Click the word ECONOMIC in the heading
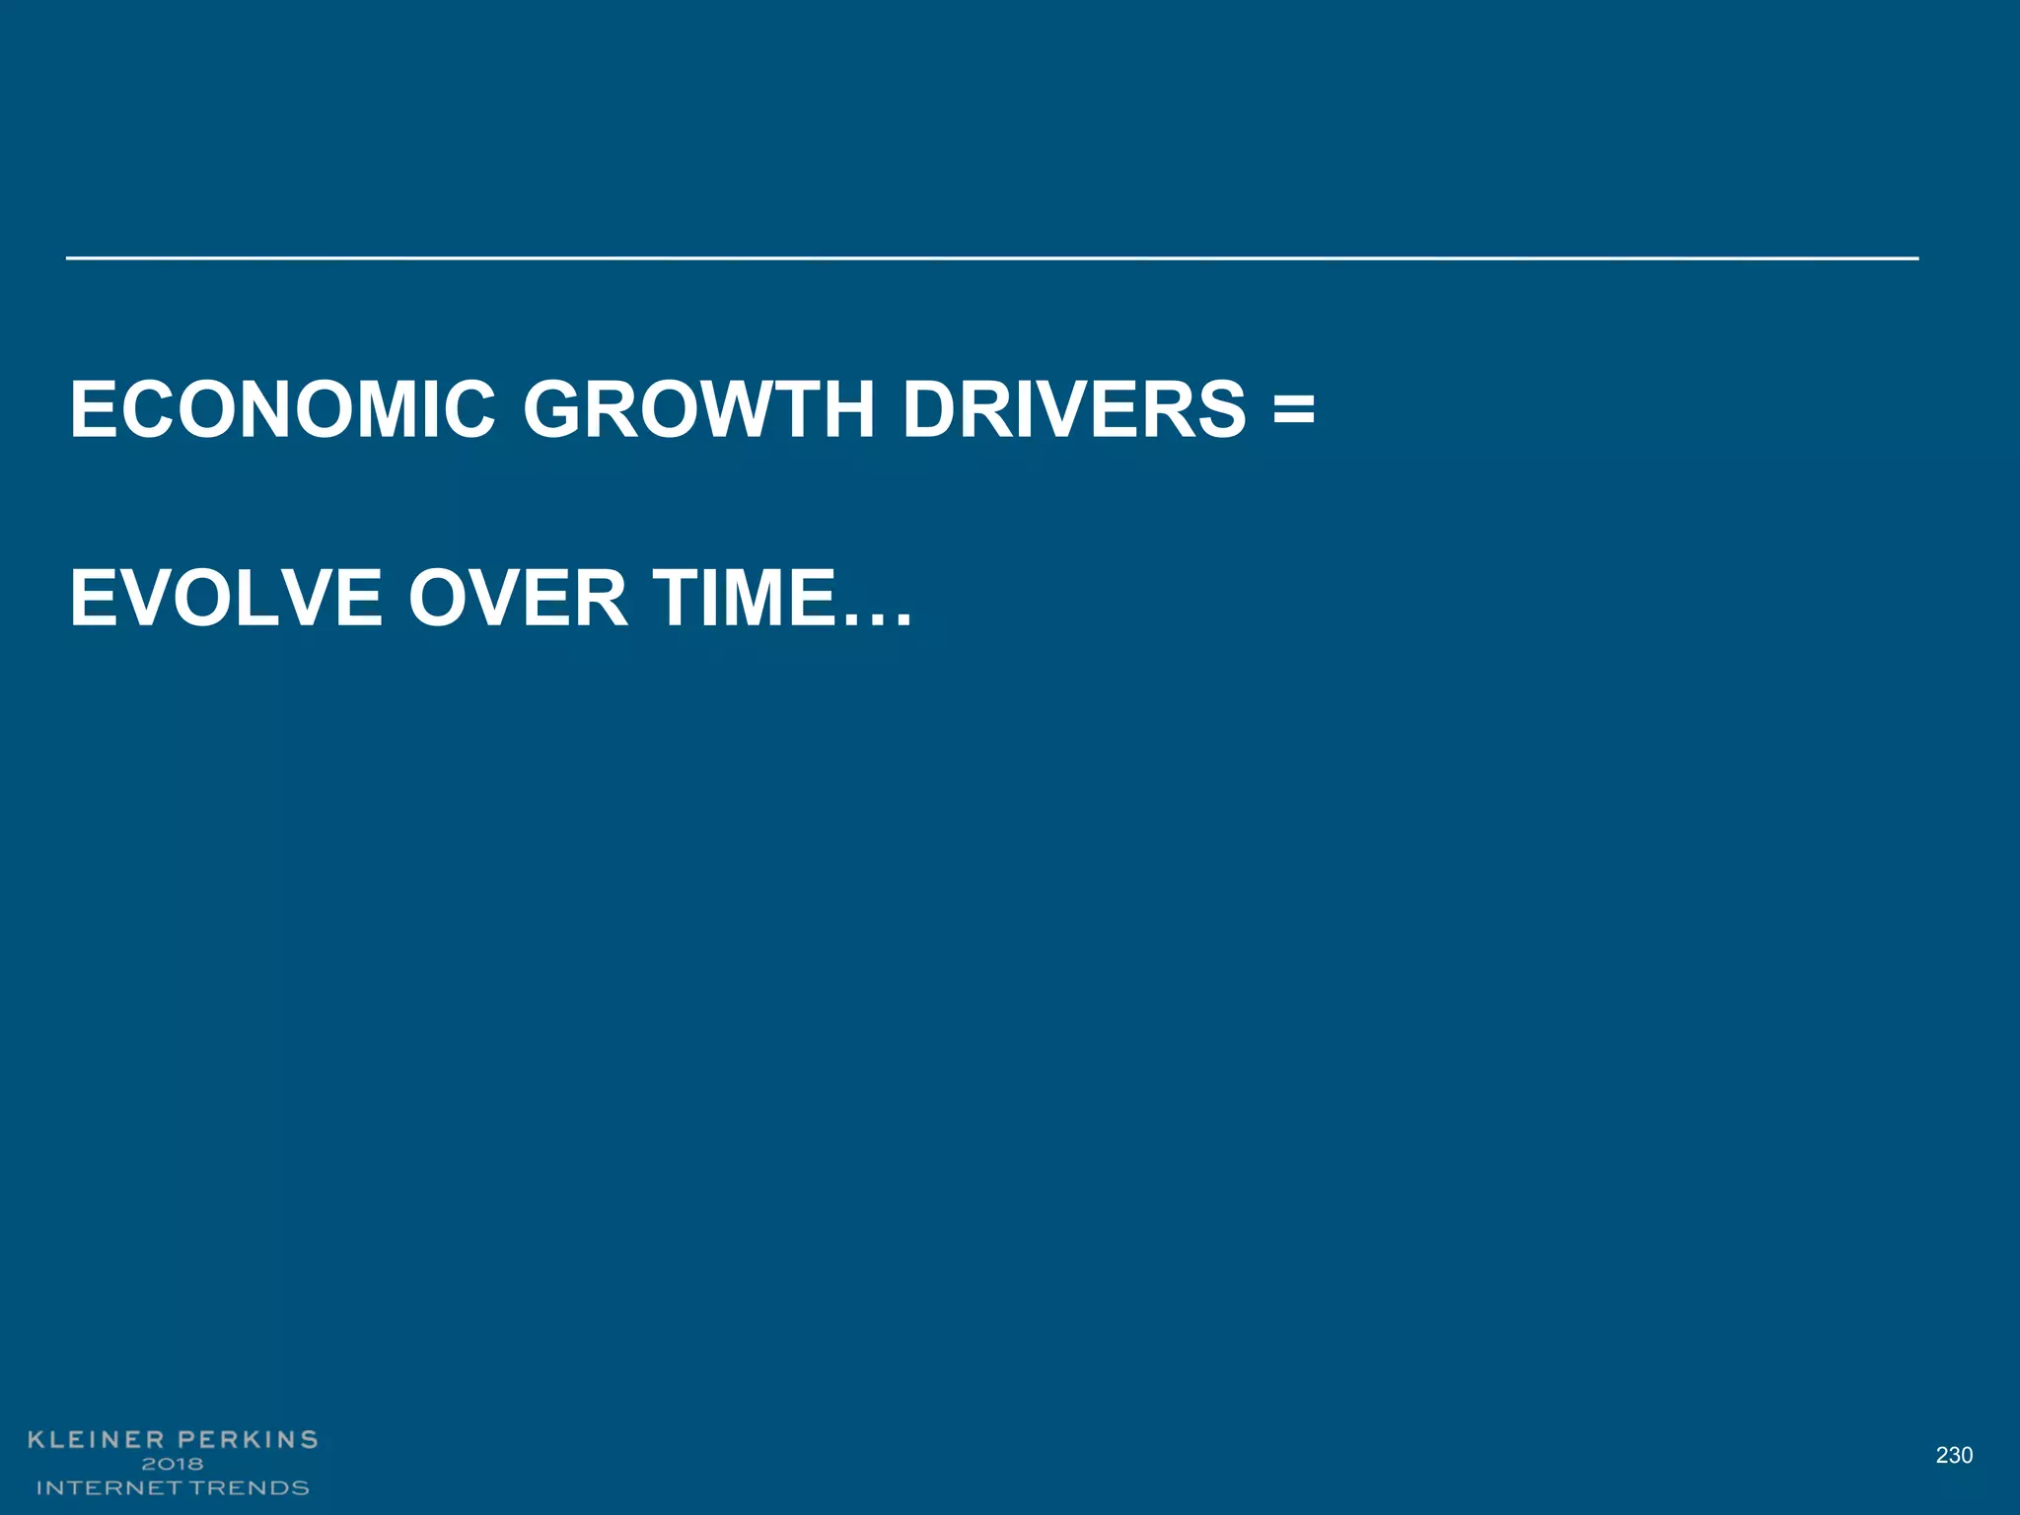click(282, 409)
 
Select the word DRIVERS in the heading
click(1074, 409)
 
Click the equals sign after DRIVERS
click(1293, 409)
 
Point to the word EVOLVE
click(226, 598)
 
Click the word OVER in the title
click(517, 598)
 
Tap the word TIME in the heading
click(744, 598)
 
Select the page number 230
click(1954, 1455)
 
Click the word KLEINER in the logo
click(95, 1440)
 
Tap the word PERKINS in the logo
click(248, 1440)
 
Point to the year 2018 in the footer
click(173, 1464)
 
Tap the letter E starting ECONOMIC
click(92, 409)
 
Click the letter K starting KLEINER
click(37, 1440)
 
